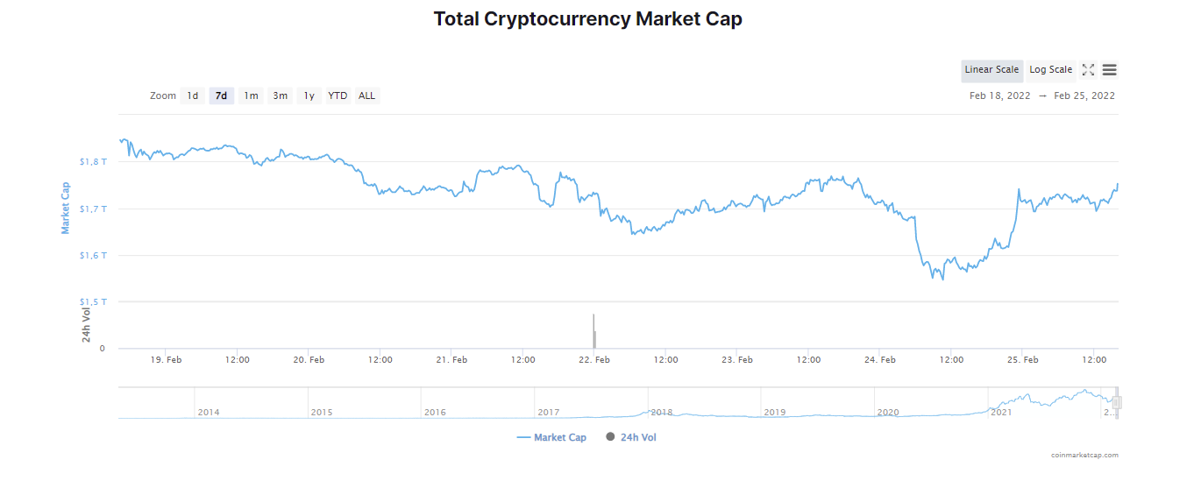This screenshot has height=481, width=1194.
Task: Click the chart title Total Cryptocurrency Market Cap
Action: pos(587,18)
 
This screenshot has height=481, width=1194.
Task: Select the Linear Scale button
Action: pos(991,70)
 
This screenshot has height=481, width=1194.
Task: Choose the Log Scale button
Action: pos(1050,70)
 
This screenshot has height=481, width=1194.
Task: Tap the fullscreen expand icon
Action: pos(1088,70)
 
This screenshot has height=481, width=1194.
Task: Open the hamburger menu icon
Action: pos(1109,70)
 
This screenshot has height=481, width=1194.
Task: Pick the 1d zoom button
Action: pos(193,95)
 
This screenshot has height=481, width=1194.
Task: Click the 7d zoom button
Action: pos(221,95)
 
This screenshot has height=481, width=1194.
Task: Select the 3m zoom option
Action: pos(280,95)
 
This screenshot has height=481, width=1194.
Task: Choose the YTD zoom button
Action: pos(338,95)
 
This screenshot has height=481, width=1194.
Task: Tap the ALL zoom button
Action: pos(366,95)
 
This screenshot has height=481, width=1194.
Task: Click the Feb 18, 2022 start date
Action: pos(999,95)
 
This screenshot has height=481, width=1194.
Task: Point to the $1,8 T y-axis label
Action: pos(93,162)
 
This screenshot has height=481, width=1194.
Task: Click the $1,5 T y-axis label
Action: pos(93,302)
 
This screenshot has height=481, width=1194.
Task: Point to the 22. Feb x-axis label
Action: pos(593,360)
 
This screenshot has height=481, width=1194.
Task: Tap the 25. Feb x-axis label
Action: pos(1022,360)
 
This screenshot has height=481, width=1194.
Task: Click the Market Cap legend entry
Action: pos(551,437)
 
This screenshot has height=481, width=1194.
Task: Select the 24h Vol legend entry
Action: pos(631,437)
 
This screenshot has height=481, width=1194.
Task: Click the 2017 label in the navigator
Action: pos(549,413)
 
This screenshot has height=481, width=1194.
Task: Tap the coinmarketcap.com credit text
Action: pos(1084,456)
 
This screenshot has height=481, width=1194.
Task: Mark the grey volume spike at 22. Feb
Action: pos(593,331)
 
